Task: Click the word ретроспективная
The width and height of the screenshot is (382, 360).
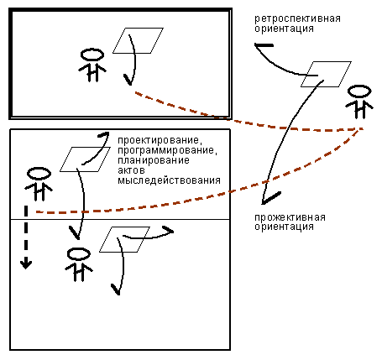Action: (x=297, y=19)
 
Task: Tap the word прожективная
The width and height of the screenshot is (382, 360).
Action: (x=290, y=217)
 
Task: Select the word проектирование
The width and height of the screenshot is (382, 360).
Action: (x=160, y=140)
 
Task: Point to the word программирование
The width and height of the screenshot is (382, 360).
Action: (x=167, y=150)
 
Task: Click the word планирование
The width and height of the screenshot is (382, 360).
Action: (x=154, y=160)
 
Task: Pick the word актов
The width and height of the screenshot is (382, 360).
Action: (x=131, y=170)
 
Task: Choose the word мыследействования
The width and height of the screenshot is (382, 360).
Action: (x=169, y=180)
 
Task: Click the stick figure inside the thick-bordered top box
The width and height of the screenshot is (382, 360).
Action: (x=92, y=65)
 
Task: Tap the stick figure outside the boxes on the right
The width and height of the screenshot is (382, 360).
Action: (x=359, y=102)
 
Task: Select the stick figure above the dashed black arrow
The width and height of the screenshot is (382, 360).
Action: (x=39, y=184)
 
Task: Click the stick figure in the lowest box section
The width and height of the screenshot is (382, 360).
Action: (x=79, y=264)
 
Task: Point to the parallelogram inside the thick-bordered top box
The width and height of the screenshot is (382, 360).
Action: (x=138, y=40)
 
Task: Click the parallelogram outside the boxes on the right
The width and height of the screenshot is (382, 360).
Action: (x=326, y=74)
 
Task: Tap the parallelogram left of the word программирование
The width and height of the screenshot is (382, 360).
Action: (x=85, y=159)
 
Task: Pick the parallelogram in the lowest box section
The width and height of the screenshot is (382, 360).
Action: (x=125, y=239)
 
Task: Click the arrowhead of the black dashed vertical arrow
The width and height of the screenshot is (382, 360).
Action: (x=26, y=264)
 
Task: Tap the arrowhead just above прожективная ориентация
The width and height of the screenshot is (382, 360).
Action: (x=270, y=198)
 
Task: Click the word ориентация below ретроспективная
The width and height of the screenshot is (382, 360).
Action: (x=284, y=29)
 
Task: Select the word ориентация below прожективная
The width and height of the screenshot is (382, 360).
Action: (x=284, y=227)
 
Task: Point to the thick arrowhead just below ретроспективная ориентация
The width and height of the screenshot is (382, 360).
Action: (x=264, y=45)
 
